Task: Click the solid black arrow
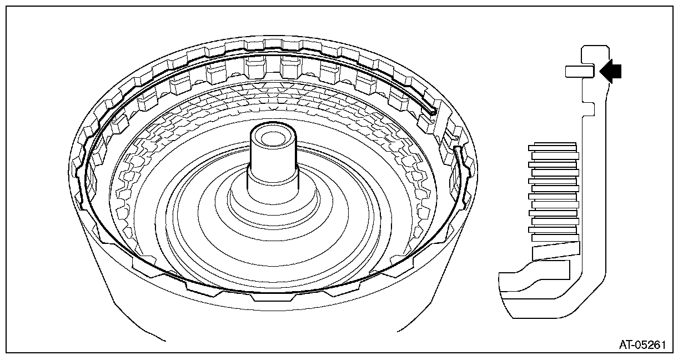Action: tap(611, 71)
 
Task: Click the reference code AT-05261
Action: tap(642, 344)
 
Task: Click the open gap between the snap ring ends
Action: tap(446, 131)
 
